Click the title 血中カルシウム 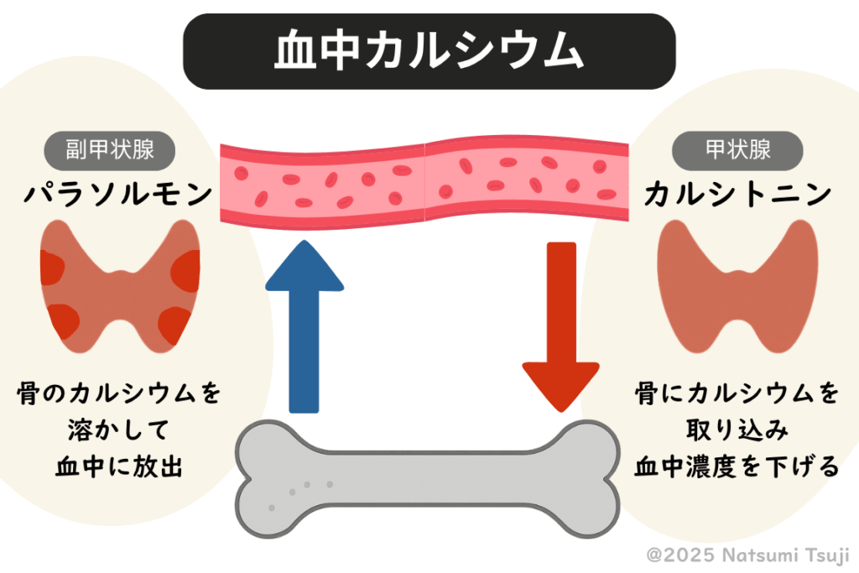429,52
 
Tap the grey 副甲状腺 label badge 110,151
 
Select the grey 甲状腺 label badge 737,151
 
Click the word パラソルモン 117,195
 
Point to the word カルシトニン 738,195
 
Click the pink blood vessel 424,181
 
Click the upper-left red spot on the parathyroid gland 54,268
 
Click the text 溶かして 118,430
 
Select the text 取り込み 737,430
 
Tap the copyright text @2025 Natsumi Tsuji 748,555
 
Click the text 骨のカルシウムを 118,393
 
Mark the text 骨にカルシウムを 737,393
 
